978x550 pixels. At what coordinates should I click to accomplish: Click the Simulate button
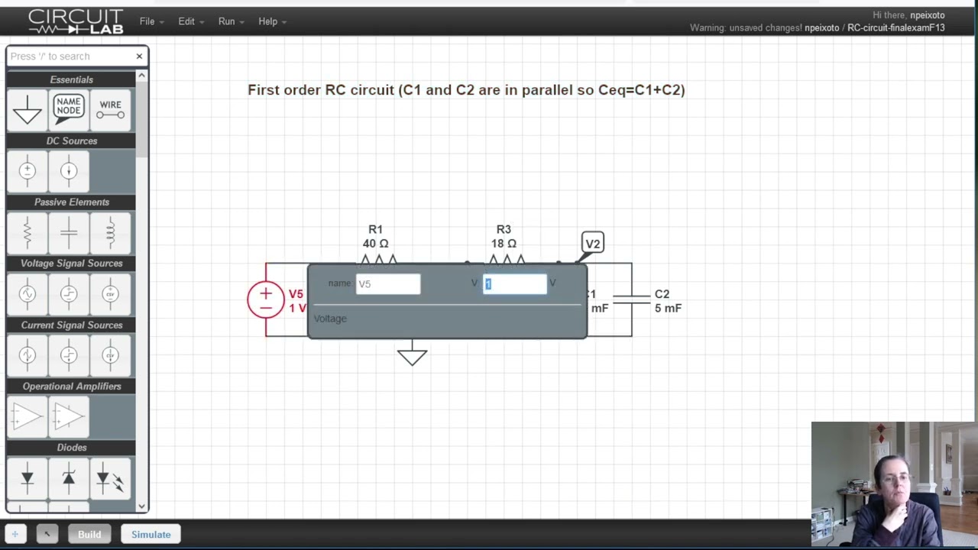pyautogui.click(x=151, y=534)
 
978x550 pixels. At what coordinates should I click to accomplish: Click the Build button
pyautogui.click(x=89, y=534)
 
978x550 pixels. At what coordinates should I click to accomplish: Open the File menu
pyautogui.click(x=151, y=21)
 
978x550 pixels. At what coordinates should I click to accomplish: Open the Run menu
pyautogui.click(x=230, y=21)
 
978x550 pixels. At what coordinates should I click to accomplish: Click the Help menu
pyautogui.click(x=271, y=21)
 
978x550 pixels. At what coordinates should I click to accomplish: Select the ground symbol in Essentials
pyautogui.click(x=28, y=109)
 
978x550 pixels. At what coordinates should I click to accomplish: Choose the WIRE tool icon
pyautogui.click(x=110, y=109)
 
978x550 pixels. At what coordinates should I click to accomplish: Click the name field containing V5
pyautogui.click(x=388, y=284)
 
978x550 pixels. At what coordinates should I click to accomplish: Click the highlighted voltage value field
pyautogui.click(x=514, y=284)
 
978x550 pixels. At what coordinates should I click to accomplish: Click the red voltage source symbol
pyautogui.click(x=265, y=300)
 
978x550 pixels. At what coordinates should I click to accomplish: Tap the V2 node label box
pyautogui.click(x=592, y=244)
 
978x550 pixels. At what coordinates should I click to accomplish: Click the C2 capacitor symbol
pyautogui.click(x=631, y=300)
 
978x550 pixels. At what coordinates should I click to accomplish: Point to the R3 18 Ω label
pyautogui.click(x=504, y=236)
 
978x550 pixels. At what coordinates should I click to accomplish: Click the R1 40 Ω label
pyautogui.click(x=375, y=236)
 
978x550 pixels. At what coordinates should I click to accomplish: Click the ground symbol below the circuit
pyautogui.click(x=412, y=356)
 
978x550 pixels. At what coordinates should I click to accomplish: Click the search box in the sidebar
pyautogui.click(x=70, y=57)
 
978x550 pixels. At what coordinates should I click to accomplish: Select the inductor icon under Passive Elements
pyautogui.click(x=110, y=233)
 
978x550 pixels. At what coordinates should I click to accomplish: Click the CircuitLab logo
pyautogui.click(x=76, y=21)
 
